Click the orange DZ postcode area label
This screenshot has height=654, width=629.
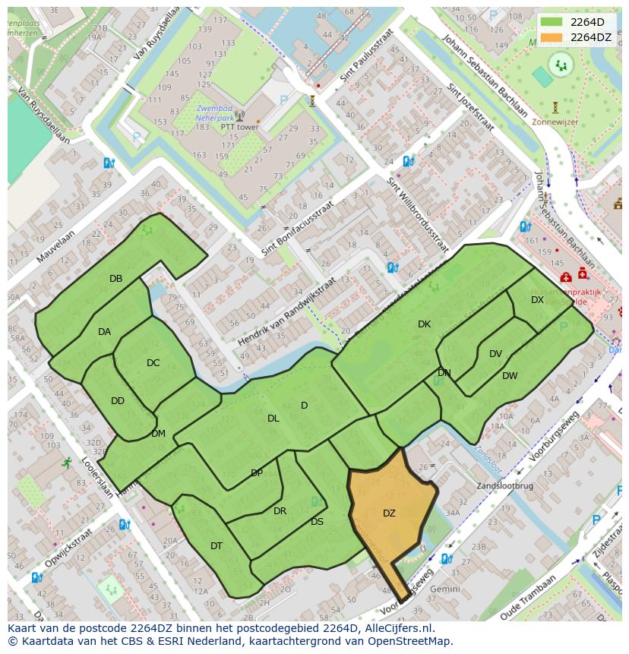click(x=389, y=513)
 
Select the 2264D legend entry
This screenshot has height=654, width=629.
click(x=587, y=22)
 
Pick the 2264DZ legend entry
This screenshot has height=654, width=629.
click(x=590, y=37)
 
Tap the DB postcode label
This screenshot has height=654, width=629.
click(x=115, y=279)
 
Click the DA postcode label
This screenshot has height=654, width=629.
click(x=104, y=332)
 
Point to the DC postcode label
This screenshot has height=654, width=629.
click(x=153, y=363)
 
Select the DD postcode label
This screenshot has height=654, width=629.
click(x=117, y=401)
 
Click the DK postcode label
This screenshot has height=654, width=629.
click(x=424, y=324)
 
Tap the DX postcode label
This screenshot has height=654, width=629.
click(x=537, y=300)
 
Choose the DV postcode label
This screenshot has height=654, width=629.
click(x=495, y=354)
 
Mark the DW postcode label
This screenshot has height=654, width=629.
click(x=510, y=376)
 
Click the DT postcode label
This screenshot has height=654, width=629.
click(x=217, y=546)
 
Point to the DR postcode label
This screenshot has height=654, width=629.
click(x=280, y=511)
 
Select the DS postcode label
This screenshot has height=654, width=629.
click(x=317, y=522)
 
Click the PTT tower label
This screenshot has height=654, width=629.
click(x=239, y=128)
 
